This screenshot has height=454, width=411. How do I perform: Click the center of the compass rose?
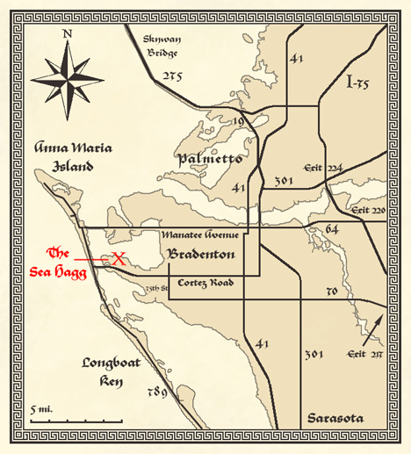[68, 76]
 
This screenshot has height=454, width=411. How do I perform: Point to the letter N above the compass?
[68, 35]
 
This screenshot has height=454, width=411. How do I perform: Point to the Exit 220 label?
[368, 212]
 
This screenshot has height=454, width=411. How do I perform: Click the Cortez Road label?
[204, 283]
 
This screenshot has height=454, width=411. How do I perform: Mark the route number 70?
[332, 290]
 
